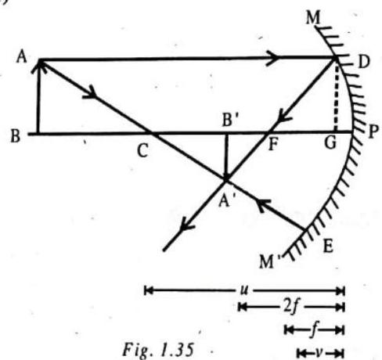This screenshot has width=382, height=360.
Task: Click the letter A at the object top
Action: click(21, 57)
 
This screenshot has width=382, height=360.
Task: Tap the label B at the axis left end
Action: click(16, 135)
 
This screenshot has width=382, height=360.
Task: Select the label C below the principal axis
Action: click(143, 151)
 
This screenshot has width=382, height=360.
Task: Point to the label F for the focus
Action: click(273, 144)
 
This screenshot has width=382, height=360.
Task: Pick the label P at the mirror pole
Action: click(373, 132)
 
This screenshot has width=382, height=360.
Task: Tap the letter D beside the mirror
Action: click(364, 62)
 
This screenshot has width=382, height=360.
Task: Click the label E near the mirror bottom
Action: click(328, 246)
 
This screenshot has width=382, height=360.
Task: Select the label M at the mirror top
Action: click(313, 18)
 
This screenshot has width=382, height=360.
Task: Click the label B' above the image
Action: click(230, 120)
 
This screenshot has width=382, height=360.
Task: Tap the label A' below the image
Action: click(225, 200)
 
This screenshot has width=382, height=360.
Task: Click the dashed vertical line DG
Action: click(336, 97)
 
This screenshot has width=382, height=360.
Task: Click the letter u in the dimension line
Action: click(243, 290)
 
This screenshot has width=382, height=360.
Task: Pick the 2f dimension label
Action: click(290, 307)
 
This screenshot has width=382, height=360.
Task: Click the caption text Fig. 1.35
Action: click(158, 350)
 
